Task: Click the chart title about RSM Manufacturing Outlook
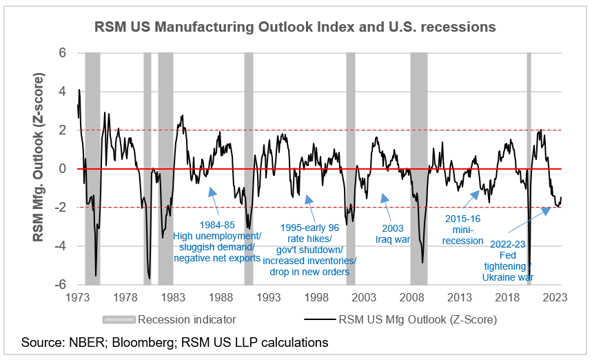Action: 295,28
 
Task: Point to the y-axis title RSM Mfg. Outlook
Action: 40,169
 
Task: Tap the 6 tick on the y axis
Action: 62,52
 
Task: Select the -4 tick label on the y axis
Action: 60,246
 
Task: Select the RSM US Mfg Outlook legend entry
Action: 400,319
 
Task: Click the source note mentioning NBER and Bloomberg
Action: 174,343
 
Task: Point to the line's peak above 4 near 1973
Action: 79,90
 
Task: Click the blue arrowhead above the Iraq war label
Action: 385,200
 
